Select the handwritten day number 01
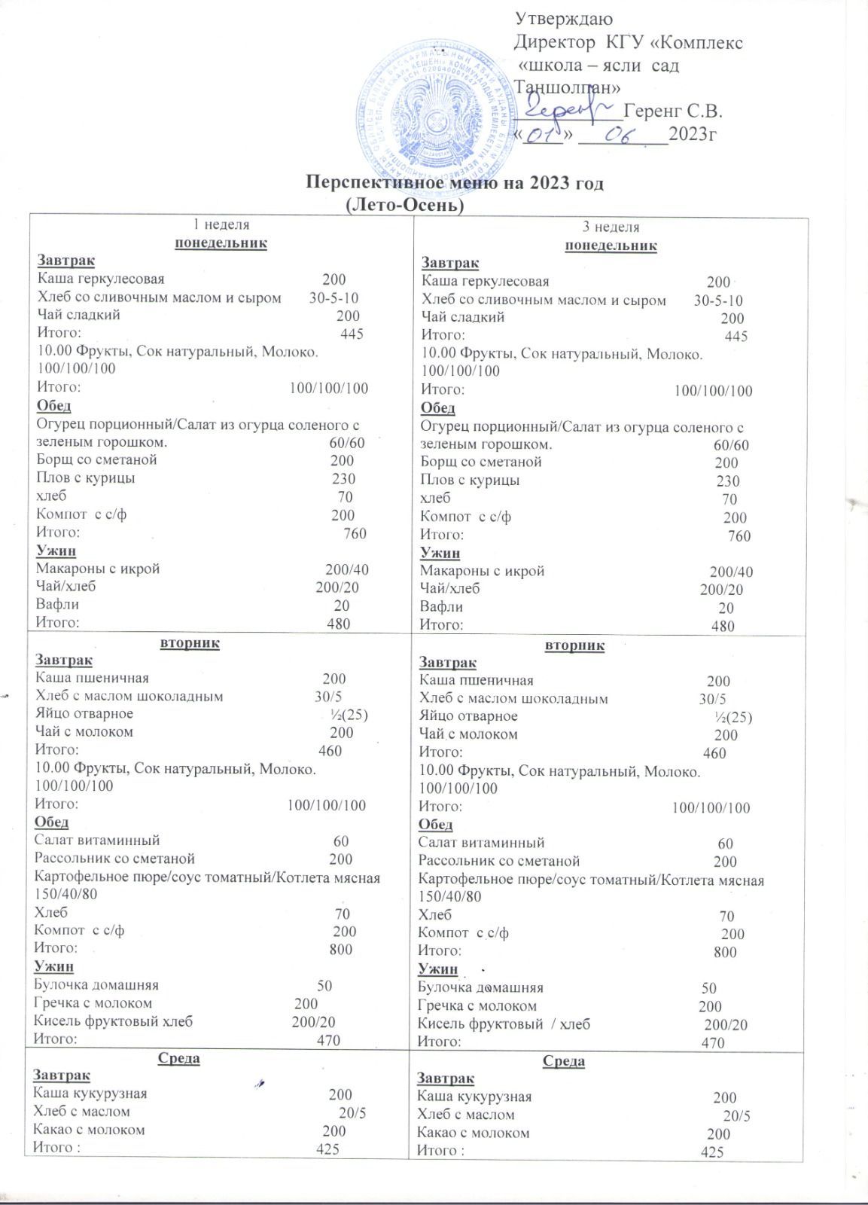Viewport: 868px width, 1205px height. click(543, 136)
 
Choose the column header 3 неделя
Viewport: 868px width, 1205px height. click(611, 227)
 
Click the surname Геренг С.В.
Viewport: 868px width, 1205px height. click(674, 112)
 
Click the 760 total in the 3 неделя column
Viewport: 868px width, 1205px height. click(739, 536)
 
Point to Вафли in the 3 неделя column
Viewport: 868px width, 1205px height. click(441, 607)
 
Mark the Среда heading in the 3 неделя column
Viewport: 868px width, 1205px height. click(564, 1061)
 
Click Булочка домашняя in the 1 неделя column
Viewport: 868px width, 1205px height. click(96, 985)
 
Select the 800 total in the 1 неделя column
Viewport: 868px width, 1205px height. click(341, 949)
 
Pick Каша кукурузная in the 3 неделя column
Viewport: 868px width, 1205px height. click(474, 1097)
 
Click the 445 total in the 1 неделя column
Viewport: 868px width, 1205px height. click(352, 334)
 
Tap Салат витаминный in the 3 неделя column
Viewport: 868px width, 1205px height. click(481, 843)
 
